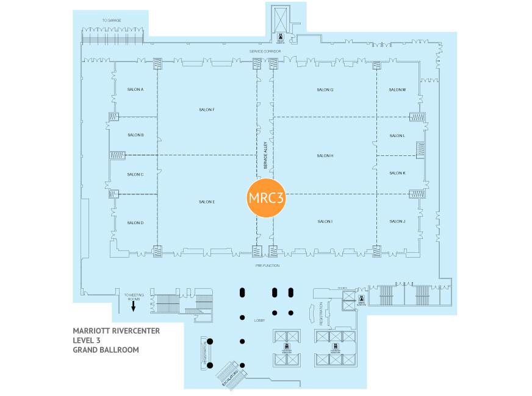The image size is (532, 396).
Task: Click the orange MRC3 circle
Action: (x=266, y=197)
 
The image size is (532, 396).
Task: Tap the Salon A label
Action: (x=135, y=90)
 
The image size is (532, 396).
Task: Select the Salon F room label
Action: (x=207, y=110)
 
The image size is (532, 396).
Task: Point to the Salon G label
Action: (x=325, y=90)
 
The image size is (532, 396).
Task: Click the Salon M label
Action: (x=397, y=90)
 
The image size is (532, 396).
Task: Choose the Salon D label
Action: (x=135, y=222)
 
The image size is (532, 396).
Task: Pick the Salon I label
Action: (x=325, y=221)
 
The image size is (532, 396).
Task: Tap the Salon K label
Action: (x=397, y=173)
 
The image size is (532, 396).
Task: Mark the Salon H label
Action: (x=325, y=156)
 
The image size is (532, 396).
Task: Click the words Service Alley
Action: (x=265, y=156)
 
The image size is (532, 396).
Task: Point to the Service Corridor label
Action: (x=265, y=51)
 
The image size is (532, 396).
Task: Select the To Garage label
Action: (x=112, y=21)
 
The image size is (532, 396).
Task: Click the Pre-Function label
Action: (x=267, y=266)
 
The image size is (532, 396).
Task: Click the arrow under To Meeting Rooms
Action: (x=133, y=308)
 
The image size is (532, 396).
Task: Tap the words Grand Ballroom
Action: (x=106, y=350)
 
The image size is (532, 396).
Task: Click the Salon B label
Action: (x=135, y=135)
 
